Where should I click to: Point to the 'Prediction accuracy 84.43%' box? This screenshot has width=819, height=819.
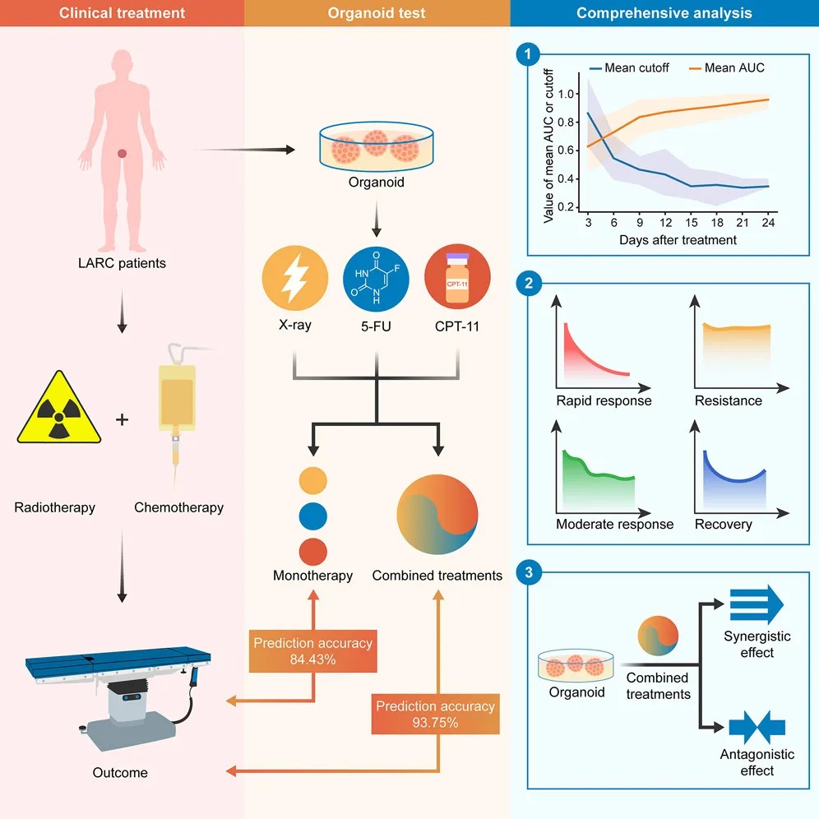point(312,651)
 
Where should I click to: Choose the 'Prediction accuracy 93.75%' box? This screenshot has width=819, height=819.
point(436,714)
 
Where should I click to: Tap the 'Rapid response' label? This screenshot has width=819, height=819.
point(604,401)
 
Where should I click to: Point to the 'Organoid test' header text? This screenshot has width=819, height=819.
point(377,13)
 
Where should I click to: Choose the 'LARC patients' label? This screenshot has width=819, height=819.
point(122,263)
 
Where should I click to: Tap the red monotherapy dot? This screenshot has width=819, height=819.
point(313,551)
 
